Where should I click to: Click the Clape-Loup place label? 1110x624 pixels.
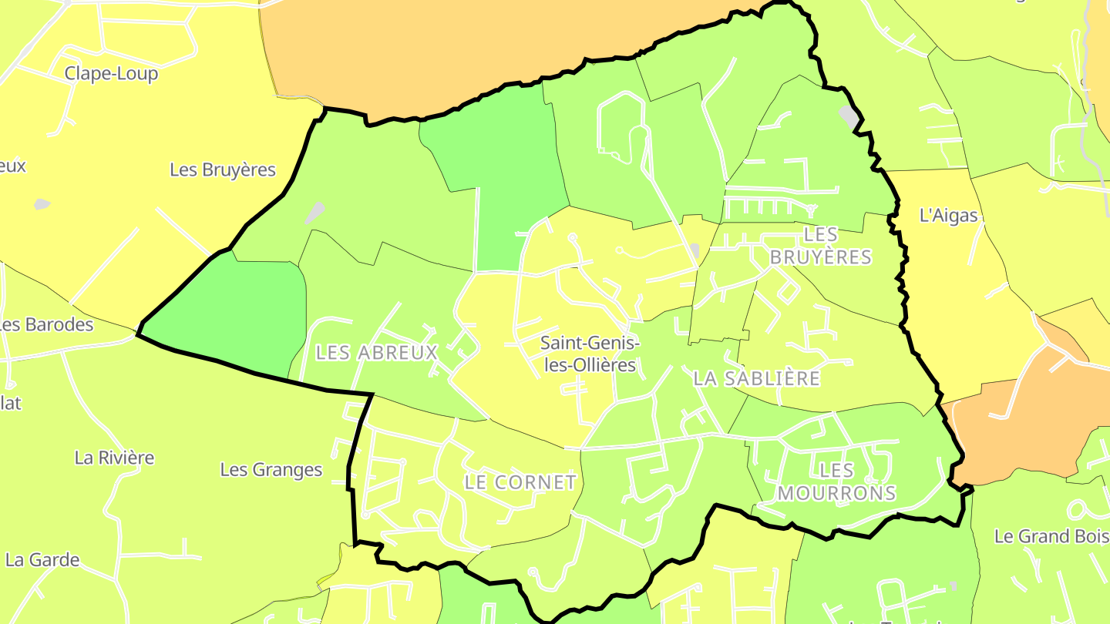coord(111,74)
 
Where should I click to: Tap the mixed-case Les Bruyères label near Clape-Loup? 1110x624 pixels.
coord(223,170)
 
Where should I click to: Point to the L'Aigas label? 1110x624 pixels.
coord(948,216)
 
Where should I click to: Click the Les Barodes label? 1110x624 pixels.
coord(46,324)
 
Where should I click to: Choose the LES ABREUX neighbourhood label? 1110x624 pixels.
coord(377,353)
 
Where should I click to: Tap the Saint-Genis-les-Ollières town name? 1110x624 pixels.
coord(590,354)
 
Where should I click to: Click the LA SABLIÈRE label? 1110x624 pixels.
coord(756,378)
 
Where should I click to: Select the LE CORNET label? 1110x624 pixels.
coord(520,482)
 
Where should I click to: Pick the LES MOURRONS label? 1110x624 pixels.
coord(836,481)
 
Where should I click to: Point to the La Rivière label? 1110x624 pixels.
coord(114,458)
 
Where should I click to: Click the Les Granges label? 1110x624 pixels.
coord(271,469)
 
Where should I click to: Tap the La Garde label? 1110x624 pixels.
coord(42,560)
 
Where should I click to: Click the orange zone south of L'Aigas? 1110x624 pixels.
coord(1017,431)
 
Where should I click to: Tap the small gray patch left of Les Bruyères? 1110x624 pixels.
coord(42,204)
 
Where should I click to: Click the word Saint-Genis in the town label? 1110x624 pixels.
coord(590,342)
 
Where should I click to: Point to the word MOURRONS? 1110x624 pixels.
coord(836,493)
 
